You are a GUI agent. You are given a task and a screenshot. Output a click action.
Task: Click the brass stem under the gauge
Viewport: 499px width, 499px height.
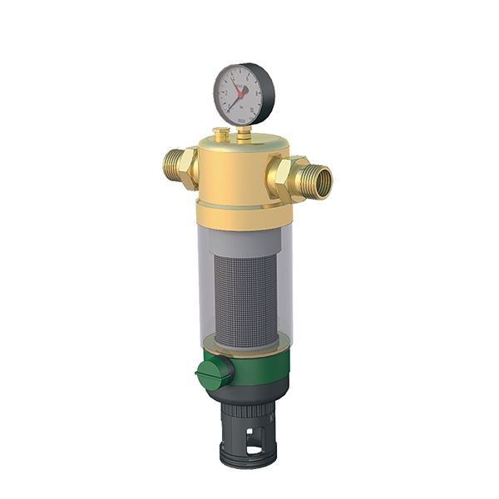[x=243, y=133]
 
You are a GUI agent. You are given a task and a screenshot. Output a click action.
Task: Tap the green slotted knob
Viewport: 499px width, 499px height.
[x=213, y=373]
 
